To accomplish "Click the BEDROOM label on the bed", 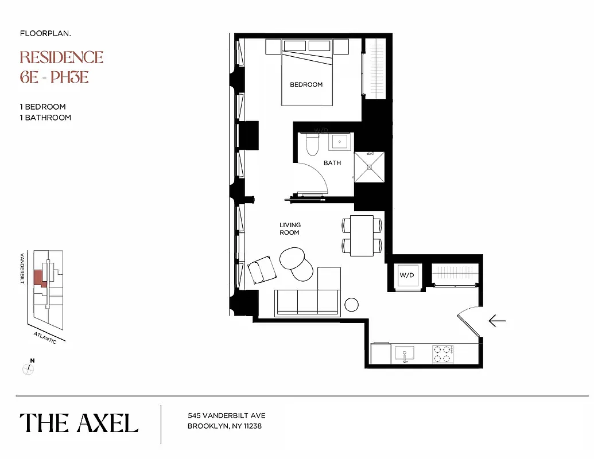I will [x=306, y=84].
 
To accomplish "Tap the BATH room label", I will [x=332, y=163].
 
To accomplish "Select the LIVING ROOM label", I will [x=290, y=228].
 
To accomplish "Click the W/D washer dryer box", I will [x=407, y=275].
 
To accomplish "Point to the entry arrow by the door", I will [x=496, y=321].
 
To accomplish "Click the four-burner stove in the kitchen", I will [x=442, y=353].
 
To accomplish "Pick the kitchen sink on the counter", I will [x=405, y=352].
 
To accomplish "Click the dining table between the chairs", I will [x=362, y=234].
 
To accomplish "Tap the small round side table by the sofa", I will [x=351, y=305].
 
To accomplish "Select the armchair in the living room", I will [x=262, y=269].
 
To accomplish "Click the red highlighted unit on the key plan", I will [x=38, y=278].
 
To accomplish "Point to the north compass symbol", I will [x=27, y=368].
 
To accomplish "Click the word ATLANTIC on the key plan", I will [x=45, y=337].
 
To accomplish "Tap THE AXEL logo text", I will [x=79, y=423].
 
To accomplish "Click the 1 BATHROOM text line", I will [x=45, y=118].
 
